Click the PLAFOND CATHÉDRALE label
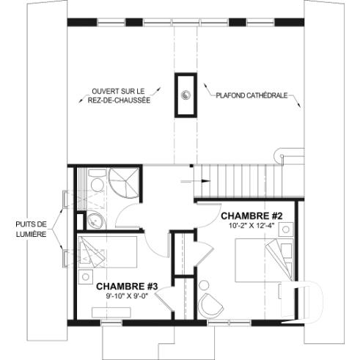pos(249,95)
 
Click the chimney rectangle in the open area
pos(186,95)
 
